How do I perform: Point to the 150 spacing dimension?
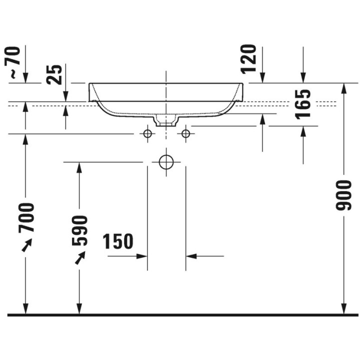coord(118,242)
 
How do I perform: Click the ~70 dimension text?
coord(13,62)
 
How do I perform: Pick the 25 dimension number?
coord(56,74)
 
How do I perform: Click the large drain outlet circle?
coord(166,162)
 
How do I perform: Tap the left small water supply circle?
coord(147,133)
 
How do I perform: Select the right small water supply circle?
coord(186,133)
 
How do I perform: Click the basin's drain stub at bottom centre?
coord(166,120)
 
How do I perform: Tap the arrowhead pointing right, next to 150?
coord(142,256)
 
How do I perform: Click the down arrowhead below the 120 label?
coord(262,77)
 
